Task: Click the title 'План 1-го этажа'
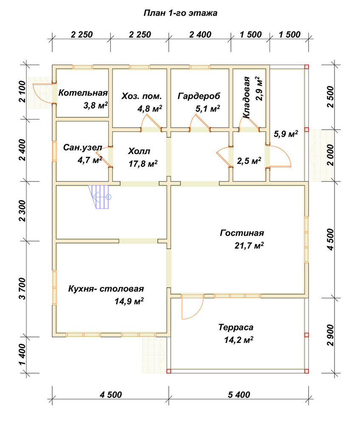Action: (180, 13)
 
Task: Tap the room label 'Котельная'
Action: (83, 93)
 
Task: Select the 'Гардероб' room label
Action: (199, 96)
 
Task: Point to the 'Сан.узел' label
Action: (82, 148)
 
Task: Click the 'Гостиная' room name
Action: (242, 233)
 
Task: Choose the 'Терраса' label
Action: (236, 327)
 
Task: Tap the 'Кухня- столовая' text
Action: (106, 289)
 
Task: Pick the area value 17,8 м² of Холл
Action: (143, 164)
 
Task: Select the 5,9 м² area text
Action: (286, 133)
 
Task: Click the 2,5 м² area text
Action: (249, 161)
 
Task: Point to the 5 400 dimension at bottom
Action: (239, 395)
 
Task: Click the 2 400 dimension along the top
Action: (200, 35)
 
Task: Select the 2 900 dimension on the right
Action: (331, 335)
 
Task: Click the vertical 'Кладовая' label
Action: (246, 98)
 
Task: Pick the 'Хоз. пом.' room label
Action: (141, 96)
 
